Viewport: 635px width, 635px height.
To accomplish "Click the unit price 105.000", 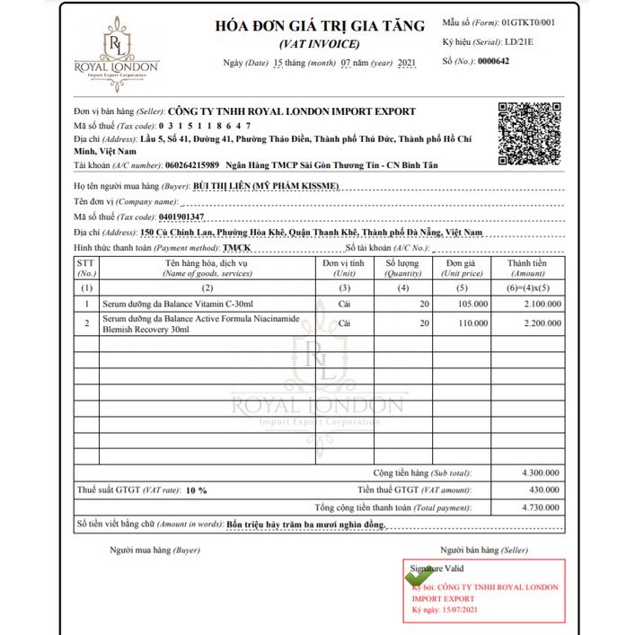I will coord(472,304).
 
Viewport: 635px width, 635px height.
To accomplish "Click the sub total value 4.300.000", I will coord(540,472).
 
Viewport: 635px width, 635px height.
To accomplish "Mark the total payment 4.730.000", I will coord(540,507).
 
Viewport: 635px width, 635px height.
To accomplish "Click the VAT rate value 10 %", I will coord(196,490).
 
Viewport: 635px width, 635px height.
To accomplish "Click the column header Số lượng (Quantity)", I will coord(401,268).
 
